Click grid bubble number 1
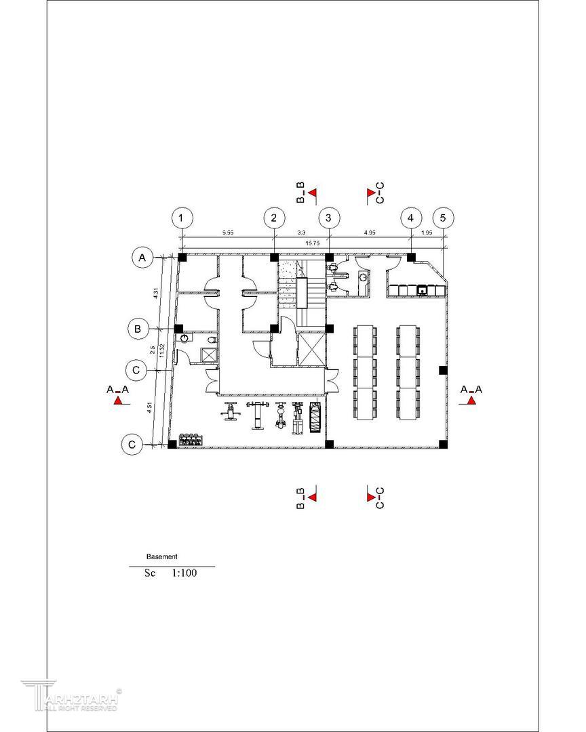coord(182,218)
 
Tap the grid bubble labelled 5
coord(443,218)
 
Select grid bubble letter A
coord(142,258)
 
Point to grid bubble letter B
coord(138,329)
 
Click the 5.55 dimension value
coord(228,232)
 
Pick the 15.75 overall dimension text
coord(312,243)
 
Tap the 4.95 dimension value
coord(370,232)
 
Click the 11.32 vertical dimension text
coord(161,350)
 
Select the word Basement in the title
coord(161,556)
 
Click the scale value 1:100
coord(184,573)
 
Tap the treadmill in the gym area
coord(315,417)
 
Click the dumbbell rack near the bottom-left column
coord(191,439)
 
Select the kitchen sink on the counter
coord(422,291)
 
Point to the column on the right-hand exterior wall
coord(443,370)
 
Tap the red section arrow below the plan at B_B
coord(313,497)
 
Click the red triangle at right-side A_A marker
coord(471,401)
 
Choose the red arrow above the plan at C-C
coord(372,192)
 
